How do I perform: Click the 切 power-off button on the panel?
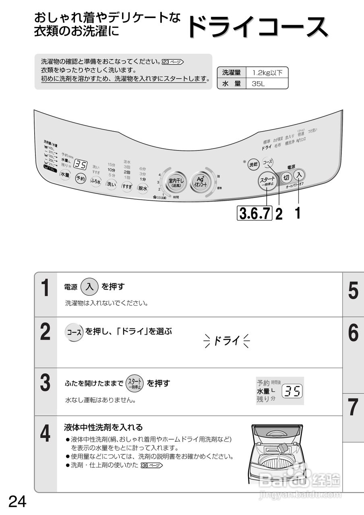point(286,177)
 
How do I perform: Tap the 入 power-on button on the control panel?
point(299,175)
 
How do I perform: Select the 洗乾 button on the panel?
point(253,164)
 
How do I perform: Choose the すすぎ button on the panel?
point(127,186)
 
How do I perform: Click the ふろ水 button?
point(95,181)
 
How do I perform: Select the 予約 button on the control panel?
point(81,178)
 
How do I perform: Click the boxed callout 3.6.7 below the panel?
point(255,213)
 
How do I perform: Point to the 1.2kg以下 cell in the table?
point(267,73)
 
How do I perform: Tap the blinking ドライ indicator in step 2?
point(227,341)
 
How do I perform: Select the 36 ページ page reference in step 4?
point(152,466)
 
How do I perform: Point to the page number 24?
point(17,502)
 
